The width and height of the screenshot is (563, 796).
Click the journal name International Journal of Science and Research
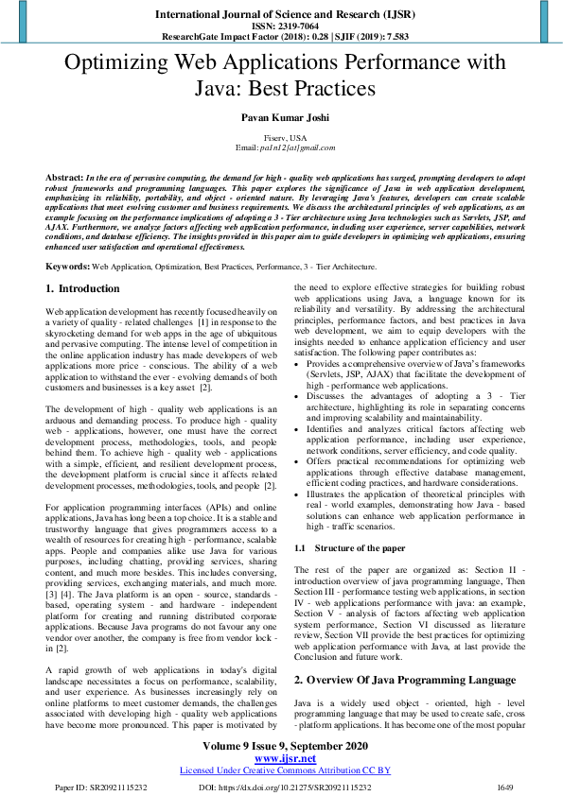click(x=280, y=15)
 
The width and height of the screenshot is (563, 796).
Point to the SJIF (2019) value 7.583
click(x=395, y=39)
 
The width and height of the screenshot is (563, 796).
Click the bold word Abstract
click(x=63, y=178)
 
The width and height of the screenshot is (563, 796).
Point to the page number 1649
click(x=507, y=787)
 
